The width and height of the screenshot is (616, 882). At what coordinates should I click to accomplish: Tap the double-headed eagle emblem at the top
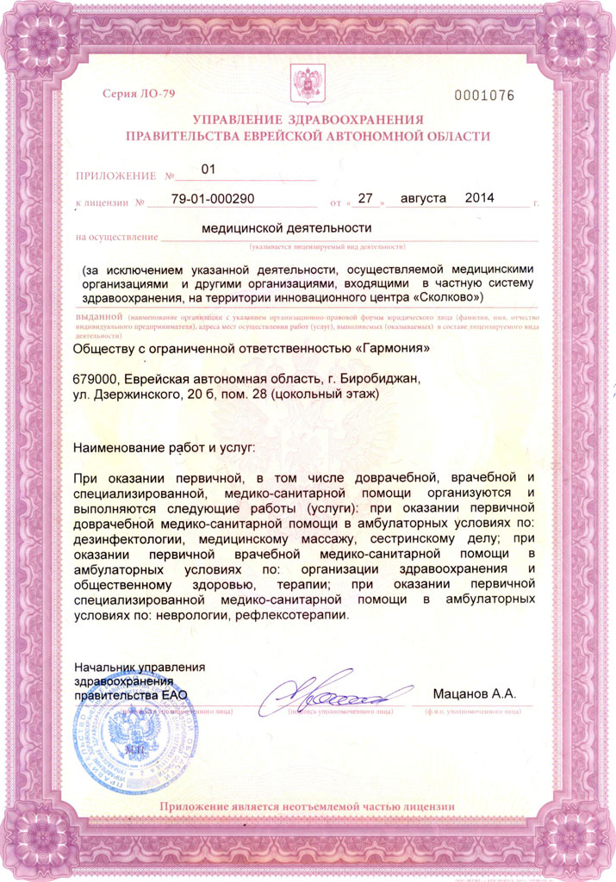point(308,84)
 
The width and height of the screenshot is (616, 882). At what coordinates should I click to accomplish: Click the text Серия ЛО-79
point(139,93)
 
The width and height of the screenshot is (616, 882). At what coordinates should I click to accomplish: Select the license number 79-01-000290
point(213,199)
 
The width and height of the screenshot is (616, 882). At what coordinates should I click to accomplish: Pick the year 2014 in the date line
point(479,198)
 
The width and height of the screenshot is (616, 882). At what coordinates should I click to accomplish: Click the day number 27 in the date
point(364,199)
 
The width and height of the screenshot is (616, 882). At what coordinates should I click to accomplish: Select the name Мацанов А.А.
point(473,693)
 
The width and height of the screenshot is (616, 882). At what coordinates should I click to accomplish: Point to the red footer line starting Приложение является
point(307,806)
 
